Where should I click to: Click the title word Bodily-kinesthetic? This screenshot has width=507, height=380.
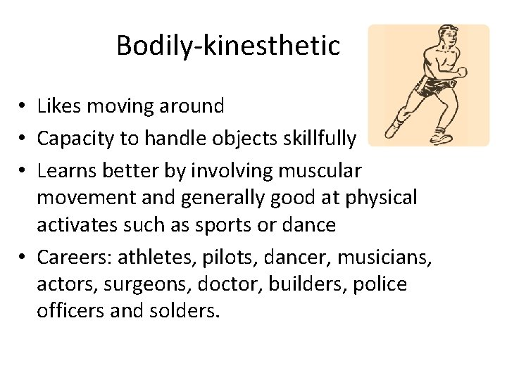(227, 46)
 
